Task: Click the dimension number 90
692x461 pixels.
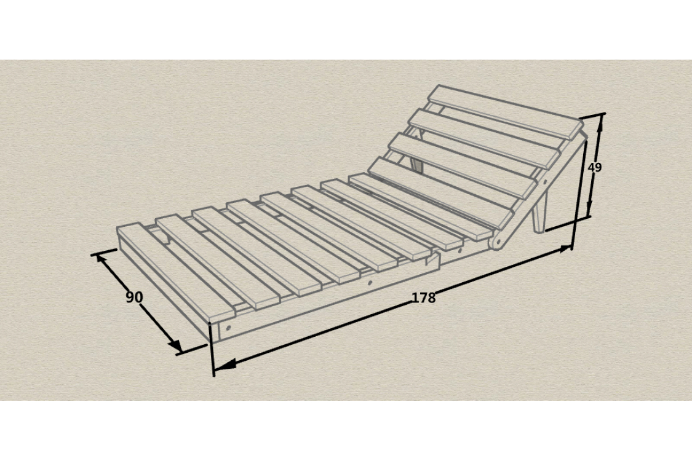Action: point(134,297)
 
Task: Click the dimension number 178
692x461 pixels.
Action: point(424,297)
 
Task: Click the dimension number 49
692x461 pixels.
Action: point(594,168)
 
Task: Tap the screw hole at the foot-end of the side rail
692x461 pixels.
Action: point(228,328)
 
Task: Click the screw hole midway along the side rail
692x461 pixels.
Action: point(370,283)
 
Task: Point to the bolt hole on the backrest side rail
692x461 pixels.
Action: point(544,181)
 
